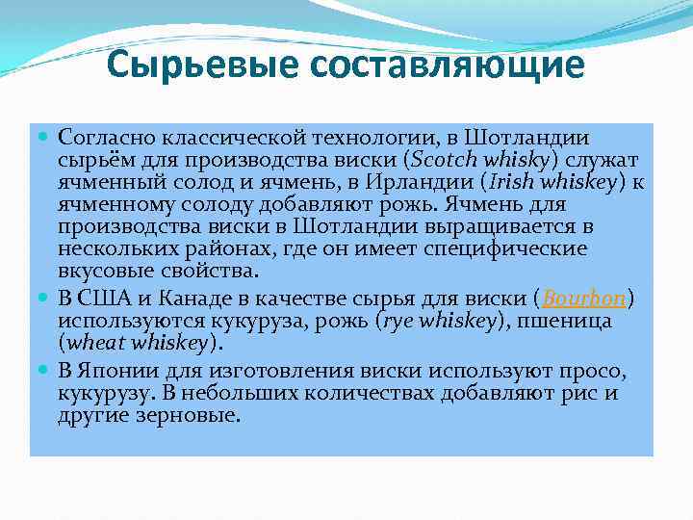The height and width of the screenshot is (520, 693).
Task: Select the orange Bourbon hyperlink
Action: coord(585,299)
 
